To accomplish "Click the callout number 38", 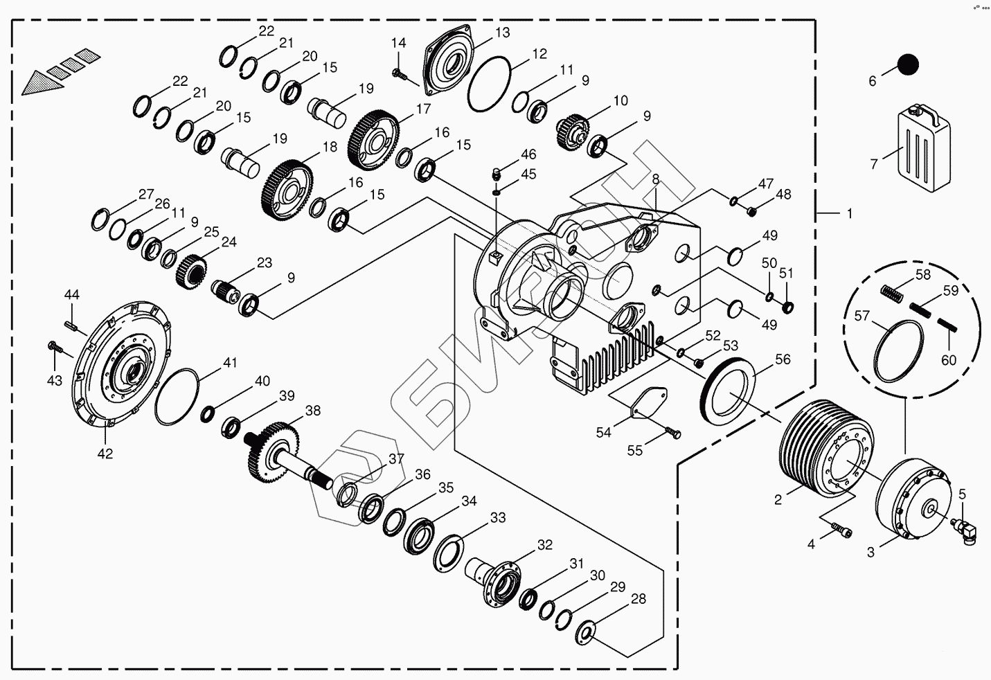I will pos(313,411).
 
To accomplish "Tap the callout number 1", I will pos(850,214).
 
